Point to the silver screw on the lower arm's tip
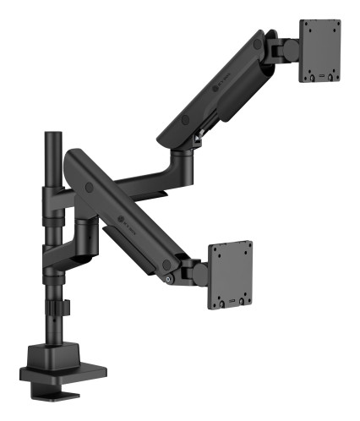tap(171, 280)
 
